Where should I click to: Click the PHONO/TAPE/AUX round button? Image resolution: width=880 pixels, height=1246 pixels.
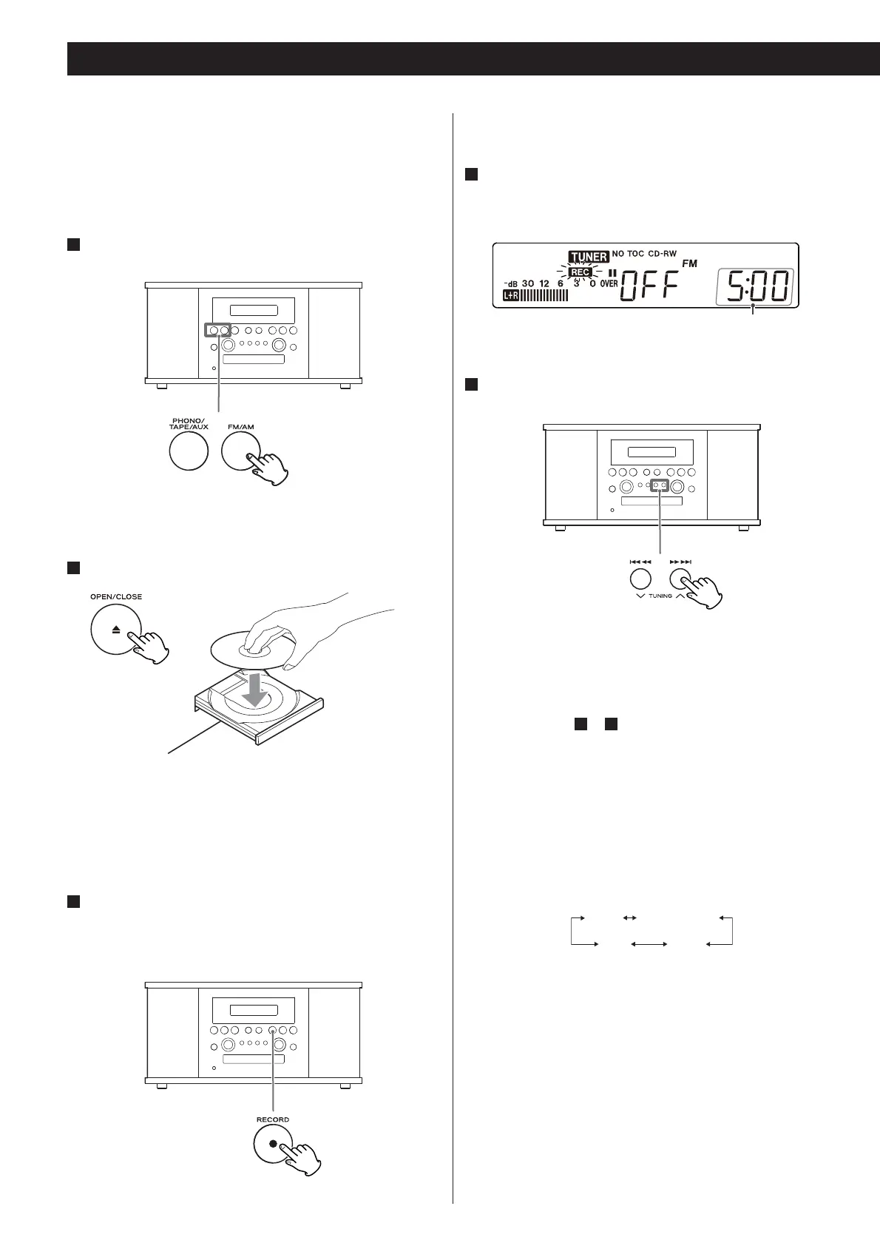click(189, 451)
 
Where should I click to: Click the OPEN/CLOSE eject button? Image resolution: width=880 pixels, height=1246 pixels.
click(116, 630)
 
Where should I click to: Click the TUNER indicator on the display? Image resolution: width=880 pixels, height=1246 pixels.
click(589, 257)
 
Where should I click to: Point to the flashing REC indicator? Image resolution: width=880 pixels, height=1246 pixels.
click(580, 272)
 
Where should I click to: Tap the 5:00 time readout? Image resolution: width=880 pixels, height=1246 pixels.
click(755, 286)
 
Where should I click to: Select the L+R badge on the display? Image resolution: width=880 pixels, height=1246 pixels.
click(511, 295)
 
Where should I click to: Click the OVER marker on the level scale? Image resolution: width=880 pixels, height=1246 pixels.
click(609, 283)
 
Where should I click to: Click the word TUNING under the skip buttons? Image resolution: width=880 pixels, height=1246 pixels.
click(660, 596)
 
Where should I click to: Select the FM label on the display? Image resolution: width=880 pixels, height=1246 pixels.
click(688, 264)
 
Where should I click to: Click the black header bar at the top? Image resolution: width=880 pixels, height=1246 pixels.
click(473, 58)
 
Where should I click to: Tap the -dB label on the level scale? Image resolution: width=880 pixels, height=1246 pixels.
click(510, 283)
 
